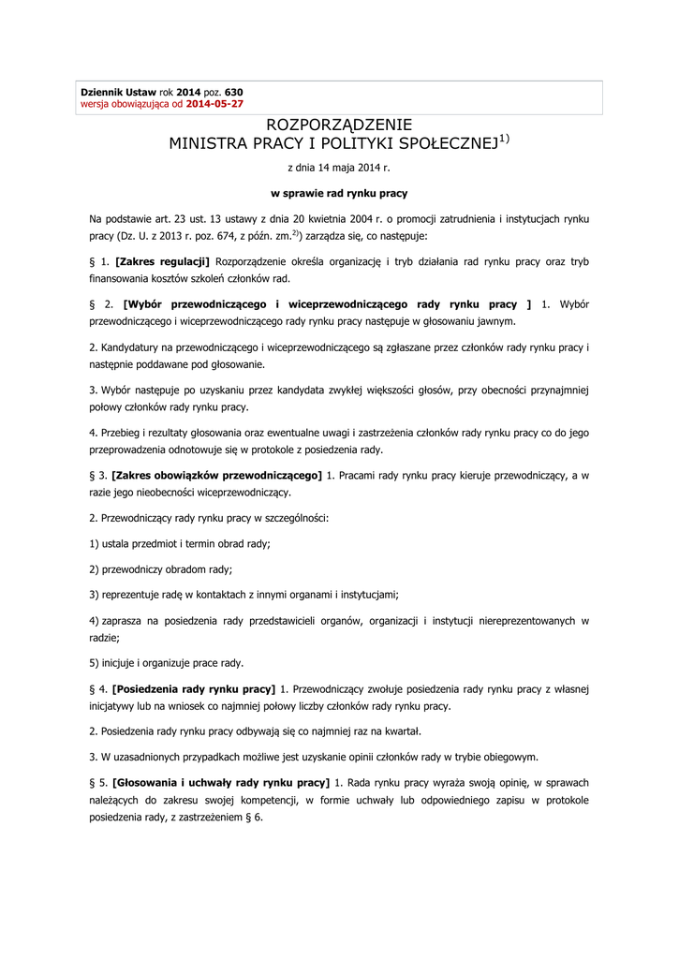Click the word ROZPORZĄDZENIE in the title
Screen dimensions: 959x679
339,125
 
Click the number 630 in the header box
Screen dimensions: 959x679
234,93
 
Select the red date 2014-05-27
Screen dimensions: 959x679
214,104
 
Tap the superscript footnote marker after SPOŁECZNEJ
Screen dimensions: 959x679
504,139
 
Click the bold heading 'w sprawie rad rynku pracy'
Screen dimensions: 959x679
339,193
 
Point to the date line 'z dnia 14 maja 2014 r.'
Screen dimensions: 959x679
339,169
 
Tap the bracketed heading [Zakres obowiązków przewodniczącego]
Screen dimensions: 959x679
216,476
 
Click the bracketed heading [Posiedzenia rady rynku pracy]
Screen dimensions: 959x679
194,689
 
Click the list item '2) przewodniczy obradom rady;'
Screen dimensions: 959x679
161,568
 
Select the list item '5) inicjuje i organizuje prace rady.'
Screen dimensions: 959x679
167,662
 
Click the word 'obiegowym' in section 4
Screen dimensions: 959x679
512,757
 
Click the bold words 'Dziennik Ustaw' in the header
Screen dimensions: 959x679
118,93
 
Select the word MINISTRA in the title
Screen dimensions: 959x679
208,144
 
